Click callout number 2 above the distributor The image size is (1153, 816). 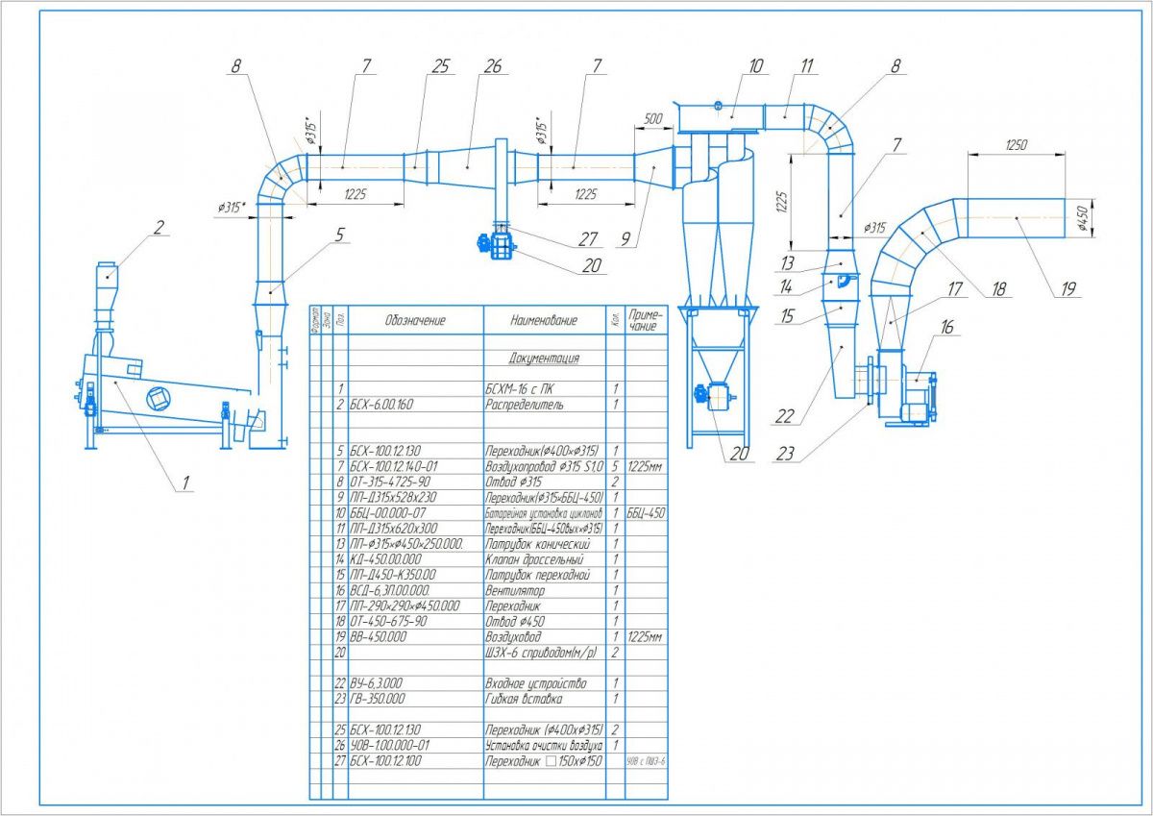tap(159, 228)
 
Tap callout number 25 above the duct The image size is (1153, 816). tap(440, 66)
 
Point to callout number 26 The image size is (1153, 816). tap(493, 66)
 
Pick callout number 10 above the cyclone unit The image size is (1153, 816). tap(755, 66)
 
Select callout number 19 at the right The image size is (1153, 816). tap(1067, 287)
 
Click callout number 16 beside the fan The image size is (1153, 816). tap(947, 329)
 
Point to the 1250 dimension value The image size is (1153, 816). tap(1017, 145)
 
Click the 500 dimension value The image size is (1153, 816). tap(654, 118)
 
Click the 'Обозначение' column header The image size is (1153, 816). tap(415, 320)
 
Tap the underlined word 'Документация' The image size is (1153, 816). tap(544, 359)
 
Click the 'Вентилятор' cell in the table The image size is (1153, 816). tap(517, 591)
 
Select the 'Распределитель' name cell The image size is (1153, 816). tap(525, 405)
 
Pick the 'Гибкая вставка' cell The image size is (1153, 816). tap(525, 699)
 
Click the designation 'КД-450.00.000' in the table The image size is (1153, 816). tap(385, 559)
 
